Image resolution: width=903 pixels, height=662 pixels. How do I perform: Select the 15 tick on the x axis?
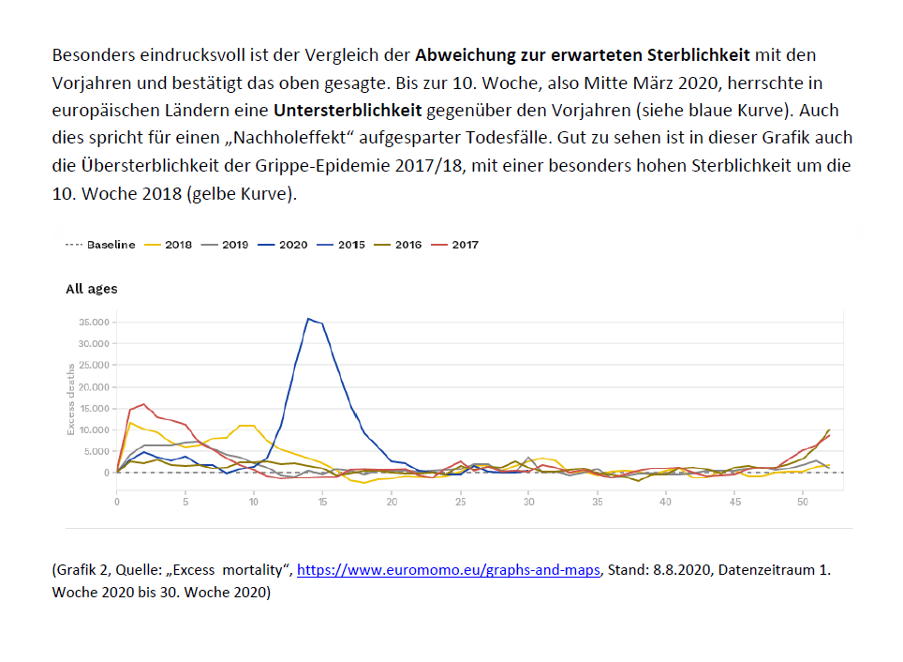(x=322, y=503)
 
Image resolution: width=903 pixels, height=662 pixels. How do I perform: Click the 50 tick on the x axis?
(x=802, y=503)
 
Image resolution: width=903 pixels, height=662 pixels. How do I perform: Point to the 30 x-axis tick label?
(x=528, y=503)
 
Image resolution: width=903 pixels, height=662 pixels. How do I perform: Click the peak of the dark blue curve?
(x=308, y=319)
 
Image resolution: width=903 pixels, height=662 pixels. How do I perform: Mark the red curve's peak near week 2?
(x=143, y=404)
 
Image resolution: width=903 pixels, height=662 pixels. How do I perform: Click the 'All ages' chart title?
(x=92, y=289)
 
